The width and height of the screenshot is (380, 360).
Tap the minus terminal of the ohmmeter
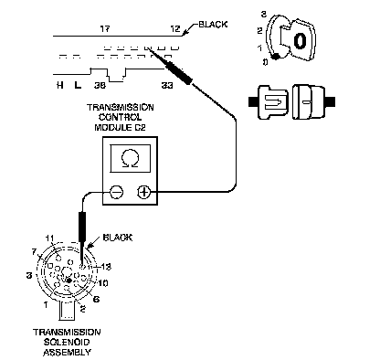coord(116,192)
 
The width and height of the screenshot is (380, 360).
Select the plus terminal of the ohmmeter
coord(143,192)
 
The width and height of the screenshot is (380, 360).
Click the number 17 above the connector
coord(105,29)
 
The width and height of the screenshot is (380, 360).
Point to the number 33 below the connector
coord(167,86)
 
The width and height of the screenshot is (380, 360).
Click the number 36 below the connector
coord(100,86)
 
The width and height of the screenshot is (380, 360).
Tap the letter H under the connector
coord(60,85)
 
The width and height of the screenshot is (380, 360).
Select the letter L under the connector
coord(78,85)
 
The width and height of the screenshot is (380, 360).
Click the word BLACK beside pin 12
coord(213,25)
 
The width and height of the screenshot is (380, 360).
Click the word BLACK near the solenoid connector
coord(118,238)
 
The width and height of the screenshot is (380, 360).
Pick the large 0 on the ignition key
coord(300,40)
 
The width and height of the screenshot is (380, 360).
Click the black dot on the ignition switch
coord(276,57)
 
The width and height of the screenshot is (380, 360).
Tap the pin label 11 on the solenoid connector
coord(49,238)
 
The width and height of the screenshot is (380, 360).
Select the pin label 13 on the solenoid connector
coord(106,267)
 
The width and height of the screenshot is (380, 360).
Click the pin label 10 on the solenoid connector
coord(103,283)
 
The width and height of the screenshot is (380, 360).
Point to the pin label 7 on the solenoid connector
coord(34,252)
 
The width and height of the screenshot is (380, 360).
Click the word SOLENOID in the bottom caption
coord(67,342)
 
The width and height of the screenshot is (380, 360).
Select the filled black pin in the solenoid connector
coord(69,281)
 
